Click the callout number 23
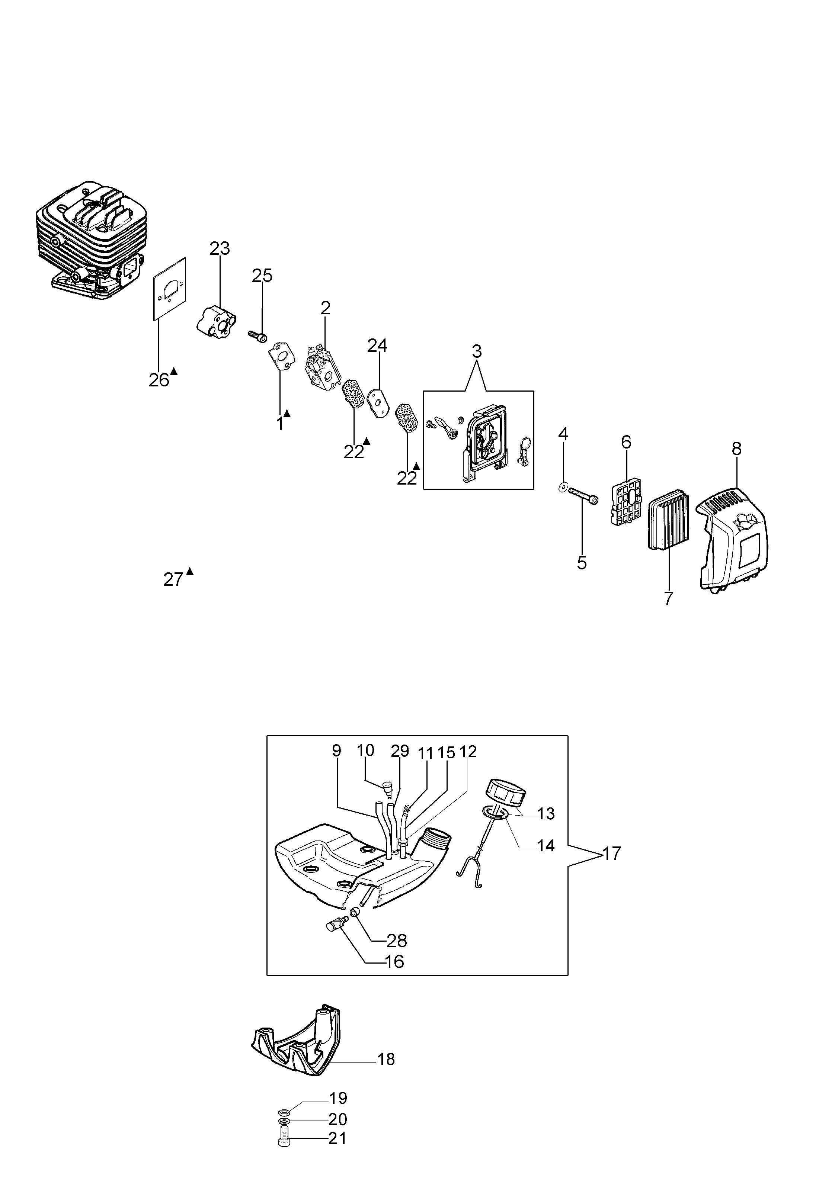[220, 248]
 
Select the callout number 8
[737, 449]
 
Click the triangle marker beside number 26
[174, 370]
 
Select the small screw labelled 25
[257, 336]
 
